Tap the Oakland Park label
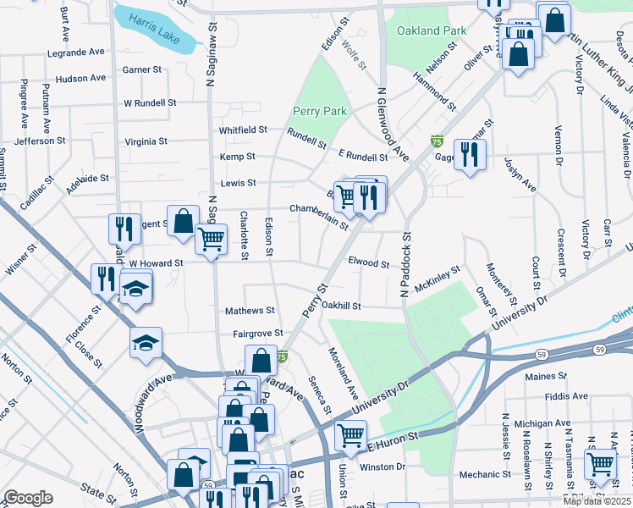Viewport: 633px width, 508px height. [432, 30]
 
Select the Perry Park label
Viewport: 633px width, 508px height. [320, 111]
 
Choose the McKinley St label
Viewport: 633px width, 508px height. [438, 273]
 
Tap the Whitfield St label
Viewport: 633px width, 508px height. [243, 130]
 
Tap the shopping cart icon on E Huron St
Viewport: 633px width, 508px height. [350, 435]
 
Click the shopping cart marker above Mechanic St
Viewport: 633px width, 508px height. [600, 463]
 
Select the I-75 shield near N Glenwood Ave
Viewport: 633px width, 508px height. [437, 140]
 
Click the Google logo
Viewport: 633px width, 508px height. [28, 498]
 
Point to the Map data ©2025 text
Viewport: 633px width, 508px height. [596, 501]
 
